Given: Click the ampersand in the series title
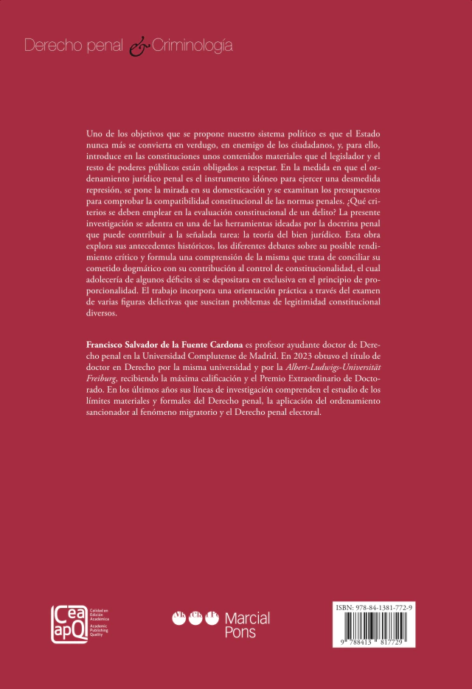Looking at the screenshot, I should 139,46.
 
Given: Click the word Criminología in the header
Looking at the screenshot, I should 192,46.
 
